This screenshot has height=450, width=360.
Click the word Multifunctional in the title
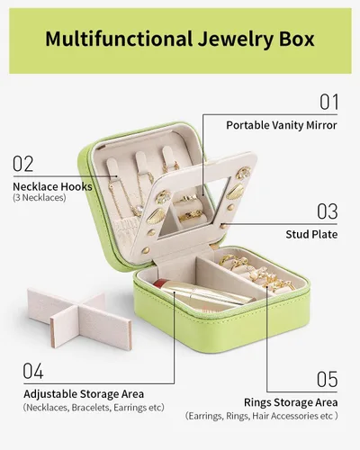[x=119, y=39]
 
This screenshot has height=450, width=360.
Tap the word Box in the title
[x=296, y=39]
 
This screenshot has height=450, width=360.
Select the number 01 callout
[x=328, y=102]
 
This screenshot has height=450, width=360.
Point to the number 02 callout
[x=22, y=164]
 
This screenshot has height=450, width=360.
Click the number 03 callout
[x=328, y=211]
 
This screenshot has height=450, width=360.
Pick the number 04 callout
[x=33, y=371]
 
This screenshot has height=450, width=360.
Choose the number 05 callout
[x=328, y=379]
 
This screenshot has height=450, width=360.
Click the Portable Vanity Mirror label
[x=282, y=125]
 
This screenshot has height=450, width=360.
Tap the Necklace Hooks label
[x=52, y=186]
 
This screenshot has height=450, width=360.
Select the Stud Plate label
[x=311, y=234]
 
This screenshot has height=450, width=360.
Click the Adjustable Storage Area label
[x=84, y=394]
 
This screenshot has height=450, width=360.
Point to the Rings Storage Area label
[x=291, y=402]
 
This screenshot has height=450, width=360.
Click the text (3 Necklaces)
[x=40, y=198]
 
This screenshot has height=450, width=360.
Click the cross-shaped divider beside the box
[x=79, y=319]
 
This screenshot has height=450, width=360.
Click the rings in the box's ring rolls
[x=257, y=273]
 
